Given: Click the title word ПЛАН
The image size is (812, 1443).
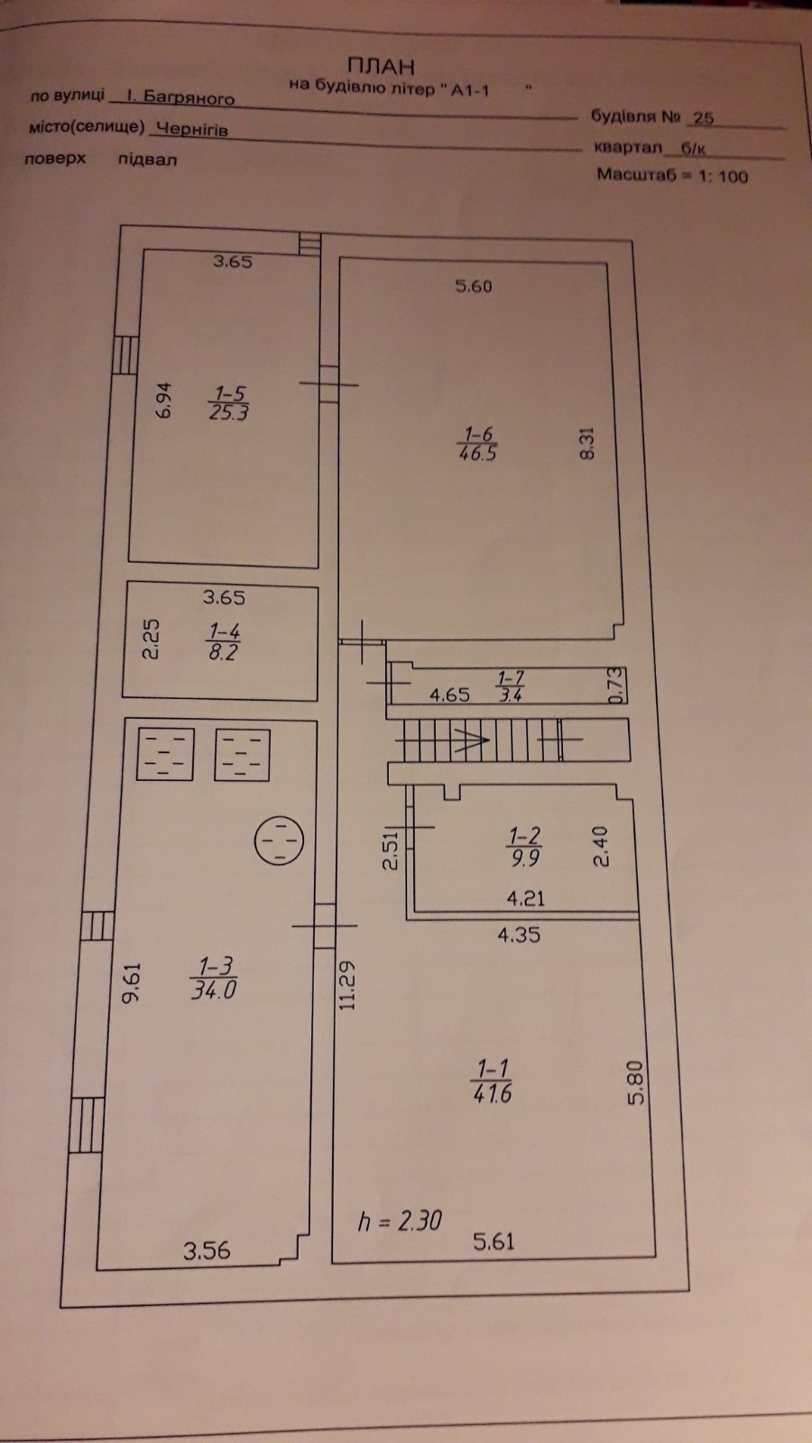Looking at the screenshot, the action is point(381,67).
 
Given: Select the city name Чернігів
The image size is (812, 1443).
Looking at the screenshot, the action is point(193,129).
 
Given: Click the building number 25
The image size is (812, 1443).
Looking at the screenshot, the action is point(704,118).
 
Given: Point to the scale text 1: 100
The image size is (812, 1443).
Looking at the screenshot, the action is point(724,176).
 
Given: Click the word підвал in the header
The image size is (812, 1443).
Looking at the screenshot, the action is point(147,159).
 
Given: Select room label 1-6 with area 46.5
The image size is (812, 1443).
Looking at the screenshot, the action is point(477,443).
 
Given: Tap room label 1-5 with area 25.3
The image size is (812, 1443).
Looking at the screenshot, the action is point(229,402).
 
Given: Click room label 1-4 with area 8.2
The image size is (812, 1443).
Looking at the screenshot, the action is point(223,641).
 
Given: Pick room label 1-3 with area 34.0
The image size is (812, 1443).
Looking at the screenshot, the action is point(214,978).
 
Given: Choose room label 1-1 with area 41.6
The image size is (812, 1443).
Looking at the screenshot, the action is point(492,1083).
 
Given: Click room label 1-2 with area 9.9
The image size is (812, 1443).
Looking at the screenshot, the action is point(524,847).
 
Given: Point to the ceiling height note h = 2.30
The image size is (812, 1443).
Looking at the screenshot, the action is point(401,1221).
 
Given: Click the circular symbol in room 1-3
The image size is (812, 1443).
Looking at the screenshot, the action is point(279,840).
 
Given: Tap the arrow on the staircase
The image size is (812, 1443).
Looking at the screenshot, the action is point(472,740).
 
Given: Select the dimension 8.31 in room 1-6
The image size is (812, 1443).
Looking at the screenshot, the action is point(587,443).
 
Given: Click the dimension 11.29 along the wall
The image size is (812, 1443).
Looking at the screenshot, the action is point(347,986).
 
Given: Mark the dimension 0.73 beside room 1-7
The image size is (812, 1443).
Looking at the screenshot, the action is point(617,685).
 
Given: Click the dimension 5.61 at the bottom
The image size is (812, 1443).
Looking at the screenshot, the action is point(494,1241).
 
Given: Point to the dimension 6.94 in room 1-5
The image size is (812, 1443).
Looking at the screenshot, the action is point(165,400).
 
